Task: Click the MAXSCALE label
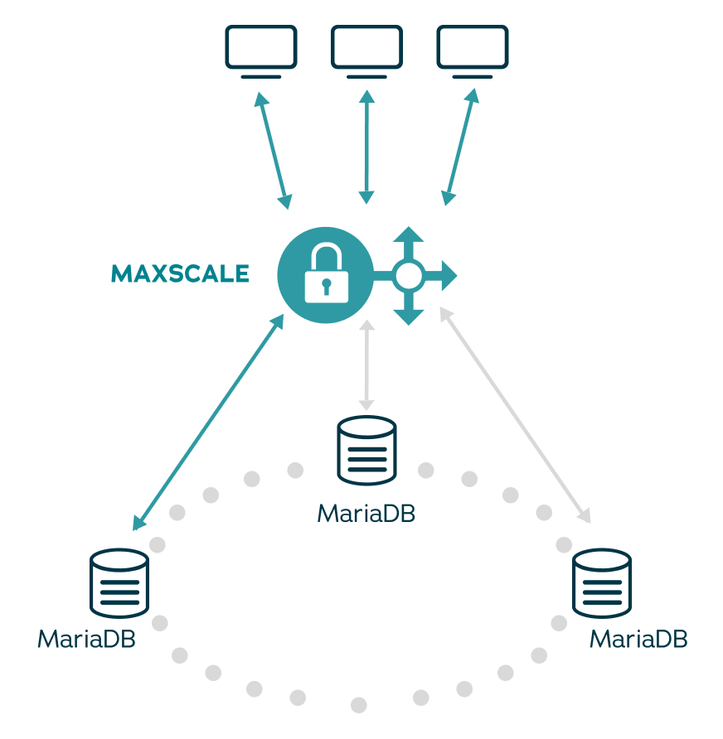pyautogui.click(x=180, y=274)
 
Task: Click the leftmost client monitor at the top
pyautogui.click(x=261, y=50)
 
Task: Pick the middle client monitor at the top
pyautogui.click(x=366, y=50)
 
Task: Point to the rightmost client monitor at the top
pyautogui.click(x=472, y=50)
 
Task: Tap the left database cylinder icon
pyautogui.click(x=119, y=582)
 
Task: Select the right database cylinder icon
pyautogui.click(x=602, y=582)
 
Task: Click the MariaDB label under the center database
pyautogui.click(x=366, y=514)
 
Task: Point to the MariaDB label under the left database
pyautogui.click(x=86, y=640)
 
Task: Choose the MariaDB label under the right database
pyautogui.click(x=638, y=640)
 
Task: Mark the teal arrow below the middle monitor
pyautogui.click(x=366, y=147)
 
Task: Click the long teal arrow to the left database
pyautogui.click(x=208, y=423)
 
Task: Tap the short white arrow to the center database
pyautogui.click(x=366, y=364)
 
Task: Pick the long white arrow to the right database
pyautogui.click(x=515, y=415)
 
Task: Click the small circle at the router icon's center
pyautogui.click(x=408, y=276)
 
